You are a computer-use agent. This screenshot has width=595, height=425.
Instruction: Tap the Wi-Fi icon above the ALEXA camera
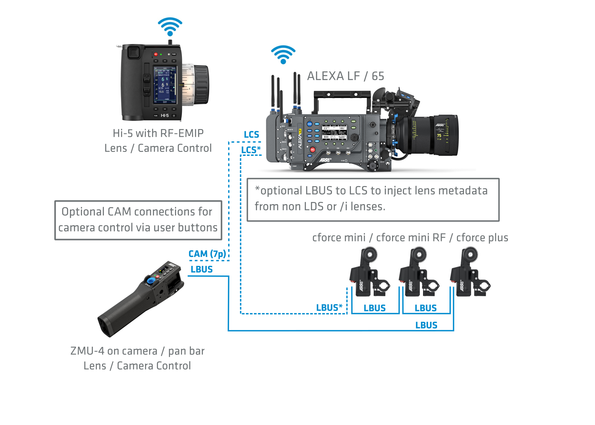(283, 54)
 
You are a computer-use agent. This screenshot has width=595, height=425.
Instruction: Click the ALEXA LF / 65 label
(345, 76)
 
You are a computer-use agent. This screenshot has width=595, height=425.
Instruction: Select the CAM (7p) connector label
(207, 254)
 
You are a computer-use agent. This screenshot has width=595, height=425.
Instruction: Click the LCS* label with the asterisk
(251, 149)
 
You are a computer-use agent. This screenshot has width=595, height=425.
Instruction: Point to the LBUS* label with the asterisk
(329, 308)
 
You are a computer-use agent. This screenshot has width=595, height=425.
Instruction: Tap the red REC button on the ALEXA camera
(313, 149)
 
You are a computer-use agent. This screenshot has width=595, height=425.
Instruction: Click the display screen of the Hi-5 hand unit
(165, 85)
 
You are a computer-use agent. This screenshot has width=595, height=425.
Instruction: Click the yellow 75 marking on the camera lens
(439, 136)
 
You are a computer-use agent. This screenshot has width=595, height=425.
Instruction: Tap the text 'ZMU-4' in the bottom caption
(87, 351)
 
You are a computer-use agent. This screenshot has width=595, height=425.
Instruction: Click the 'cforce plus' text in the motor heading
(482, 238)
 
